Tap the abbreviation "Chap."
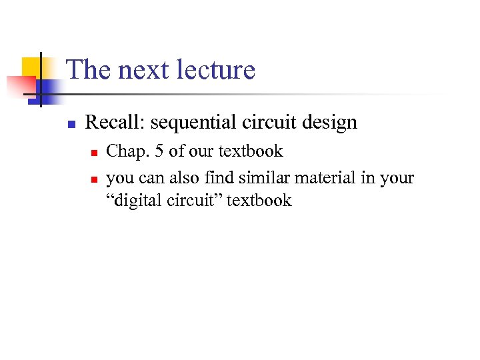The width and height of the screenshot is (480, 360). pyautogui.click(x=128, y=152)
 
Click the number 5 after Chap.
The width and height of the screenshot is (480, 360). pyautogui.click(x=159, y=151)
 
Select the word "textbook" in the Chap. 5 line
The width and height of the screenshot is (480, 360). pyautogui.click(x=251, y=151)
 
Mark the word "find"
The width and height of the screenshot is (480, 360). pyautogui.click(x=219, y=178)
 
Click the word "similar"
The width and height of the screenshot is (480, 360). pyautogui.click(x=261, y=178)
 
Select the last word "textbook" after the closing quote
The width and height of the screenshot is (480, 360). pyautogui.click(x=259, y=200)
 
